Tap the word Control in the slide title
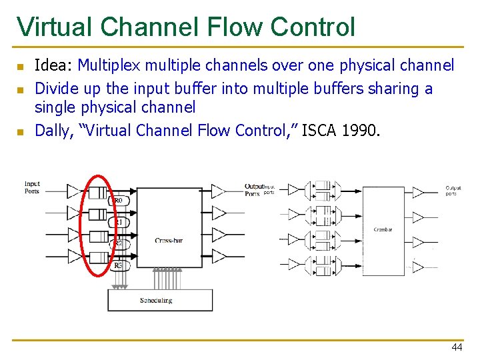[x=313, y=27]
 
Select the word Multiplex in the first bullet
[x=109, y=66]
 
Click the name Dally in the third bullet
[x=52, y=130]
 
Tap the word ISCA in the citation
[x=319, y=130]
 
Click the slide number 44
[x=456, y=347]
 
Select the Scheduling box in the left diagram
[x=160, y=300]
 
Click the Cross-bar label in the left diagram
[x=168, y=240]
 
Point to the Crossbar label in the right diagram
[x=383, y=229]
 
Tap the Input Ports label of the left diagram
[x=32, y=187]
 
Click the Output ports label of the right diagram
[x=453, y=191]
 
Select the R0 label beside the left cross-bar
[x=118, y=201]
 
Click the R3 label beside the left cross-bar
[x=118, y=265]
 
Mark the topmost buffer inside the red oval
[x=98, y=193]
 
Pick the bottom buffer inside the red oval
[x=98, y=257]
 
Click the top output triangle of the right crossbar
[x=418, y=193]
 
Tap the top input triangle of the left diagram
[x=73, y=192]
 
